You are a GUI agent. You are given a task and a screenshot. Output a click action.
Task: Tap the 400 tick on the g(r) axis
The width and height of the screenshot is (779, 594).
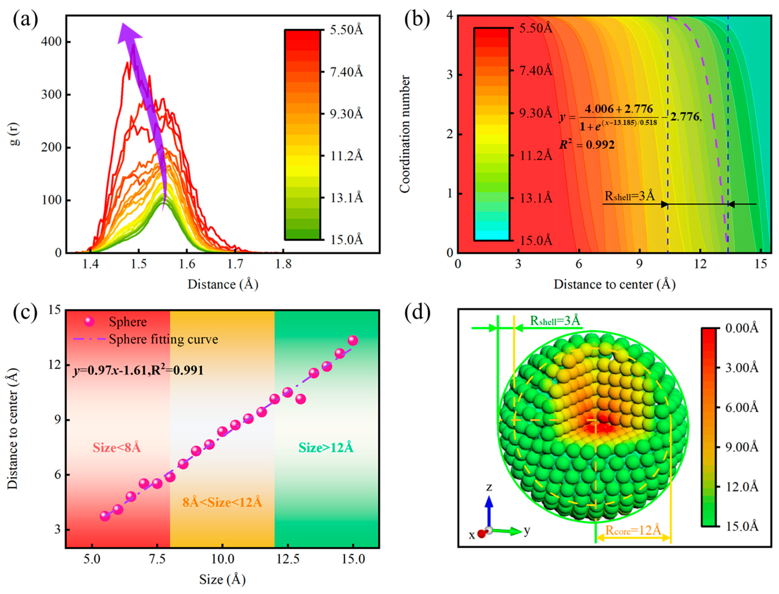click(51, 42)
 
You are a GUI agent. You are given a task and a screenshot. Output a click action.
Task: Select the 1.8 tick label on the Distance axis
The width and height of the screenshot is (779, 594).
click(283, 264)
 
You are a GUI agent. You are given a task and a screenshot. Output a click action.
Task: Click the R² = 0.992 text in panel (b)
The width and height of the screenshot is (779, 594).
click(587, 144)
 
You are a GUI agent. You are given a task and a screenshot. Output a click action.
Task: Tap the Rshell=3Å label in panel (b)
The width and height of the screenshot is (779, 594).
click(630, 196)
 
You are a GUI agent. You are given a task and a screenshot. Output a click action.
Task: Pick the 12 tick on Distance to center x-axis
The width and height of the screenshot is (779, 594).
click(700, 264)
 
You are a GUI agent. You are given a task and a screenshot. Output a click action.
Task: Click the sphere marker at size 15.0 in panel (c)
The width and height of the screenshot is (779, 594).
click(352, 341)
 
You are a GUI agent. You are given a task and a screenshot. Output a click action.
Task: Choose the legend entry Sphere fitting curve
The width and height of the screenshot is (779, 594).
click(163, 339)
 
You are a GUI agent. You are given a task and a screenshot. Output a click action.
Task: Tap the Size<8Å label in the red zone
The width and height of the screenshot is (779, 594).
click(117, 448)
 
